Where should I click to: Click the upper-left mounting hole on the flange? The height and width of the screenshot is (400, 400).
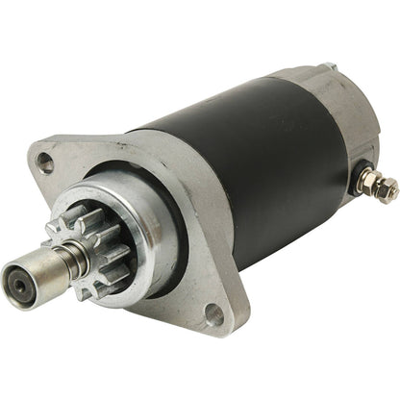tap(46, 165)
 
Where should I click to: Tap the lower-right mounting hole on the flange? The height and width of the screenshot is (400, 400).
tap(214, 313)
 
